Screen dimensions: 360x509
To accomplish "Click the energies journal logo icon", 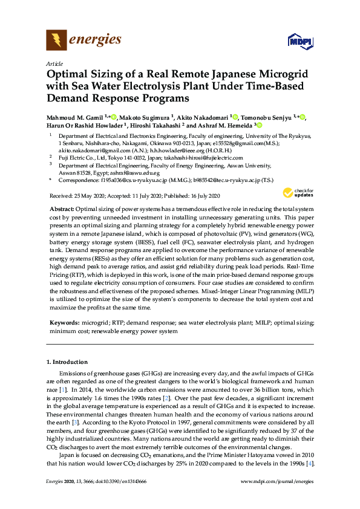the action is pyautogui.click(x=56, y=41).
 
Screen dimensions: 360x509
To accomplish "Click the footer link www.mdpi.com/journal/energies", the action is pyautogui.click(x=277, y=481).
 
